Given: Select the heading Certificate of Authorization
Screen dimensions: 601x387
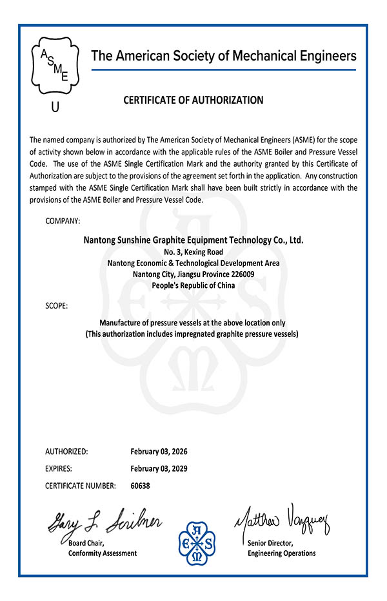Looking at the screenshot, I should click(x=193, y=100).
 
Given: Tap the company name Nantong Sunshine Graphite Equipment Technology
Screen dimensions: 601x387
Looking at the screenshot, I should click(x=193, y=240).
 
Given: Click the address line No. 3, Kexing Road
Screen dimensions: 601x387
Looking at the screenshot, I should click(x=193, y=252).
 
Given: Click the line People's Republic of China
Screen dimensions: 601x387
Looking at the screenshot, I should click(x=193, y=285).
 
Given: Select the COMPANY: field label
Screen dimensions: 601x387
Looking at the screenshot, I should click(x=63, y=221).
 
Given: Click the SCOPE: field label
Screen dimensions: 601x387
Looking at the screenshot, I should click(x=56, y=305).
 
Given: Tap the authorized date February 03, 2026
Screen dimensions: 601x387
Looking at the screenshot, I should click(x=159, y=451).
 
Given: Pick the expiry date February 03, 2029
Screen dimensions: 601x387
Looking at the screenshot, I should click(x=159, y=468).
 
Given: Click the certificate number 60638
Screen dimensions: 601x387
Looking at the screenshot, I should click(x=140, y=486).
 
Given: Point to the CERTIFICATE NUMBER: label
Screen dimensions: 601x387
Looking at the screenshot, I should click(x=81, y=486).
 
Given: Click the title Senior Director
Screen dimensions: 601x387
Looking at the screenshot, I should click(x=270, y=543).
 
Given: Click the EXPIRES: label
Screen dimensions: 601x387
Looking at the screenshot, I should click(x=59, y=468).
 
